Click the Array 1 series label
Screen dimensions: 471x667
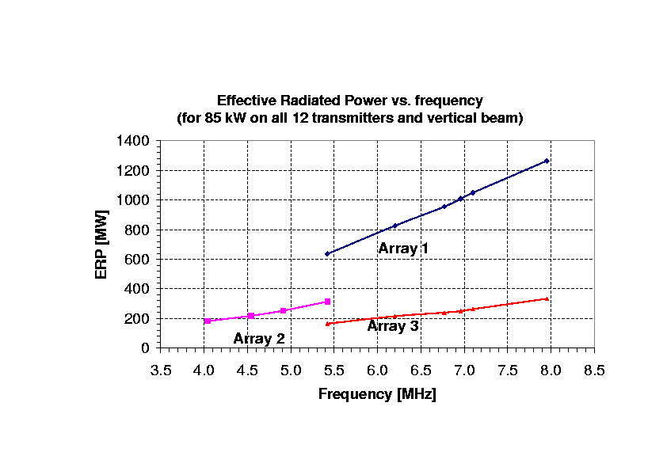point(403,249)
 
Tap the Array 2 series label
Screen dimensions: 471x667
point(258,339)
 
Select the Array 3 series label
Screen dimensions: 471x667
point(393,325)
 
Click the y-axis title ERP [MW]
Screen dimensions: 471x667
point(101,244)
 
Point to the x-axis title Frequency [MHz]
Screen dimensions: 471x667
point(377,393)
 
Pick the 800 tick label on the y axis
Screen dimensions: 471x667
point(138,230)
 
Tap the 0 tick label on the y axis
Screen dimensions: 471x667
point(145,348)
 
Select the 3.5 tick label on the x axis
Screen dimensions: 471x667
point(161,370)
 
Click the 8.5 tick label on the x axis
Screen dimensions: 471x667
point(594,370)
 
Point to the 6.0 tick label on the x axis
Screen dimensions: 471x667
point(377,370)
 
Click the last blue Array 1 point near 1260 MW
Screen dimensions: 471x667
point(547,161)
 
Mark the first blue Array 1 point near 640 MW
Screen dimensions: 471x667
point(327,254)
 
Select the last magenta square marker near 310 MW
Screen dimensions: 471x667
point(327,302)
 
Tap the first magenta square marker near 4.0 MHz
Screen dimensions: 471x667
point(207,321)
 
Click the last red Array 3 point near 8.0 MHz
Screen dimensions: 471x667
point(547,298)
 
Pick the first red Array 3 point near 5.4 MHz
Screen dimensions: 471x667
point(327,324)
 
